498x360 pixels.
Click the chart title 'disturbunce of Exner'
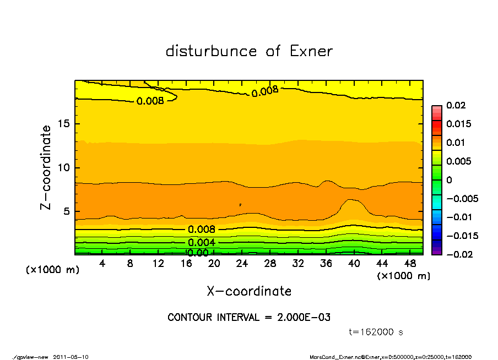pos(249,51)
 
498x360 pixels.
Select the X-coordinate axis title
pos(249,291)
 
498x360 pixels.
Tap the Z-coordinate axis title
pos(47,167)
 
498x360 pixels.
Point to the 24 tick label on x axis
pos(242,264)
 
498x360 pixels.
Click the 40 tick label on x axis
pos(354,264)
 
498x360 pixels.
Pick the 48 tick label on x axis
pos(409,264)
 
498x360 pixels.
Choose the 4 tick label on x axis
pos(102,264)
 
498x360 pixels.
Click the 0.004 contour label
pos(202,243)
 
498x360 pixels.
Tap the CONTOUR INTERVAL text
pos(249,318)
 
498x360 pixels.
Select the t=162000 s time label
pos(376,332)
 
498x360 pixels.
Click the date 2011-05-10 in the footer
pos(71,357)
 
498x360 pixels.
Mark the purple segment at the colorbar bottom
pos(437,252)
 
